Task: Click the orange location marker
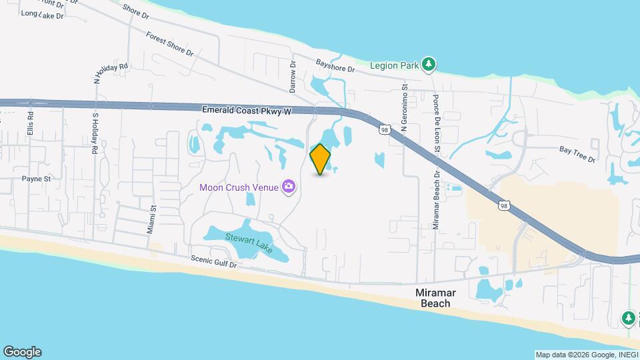click(320, 159)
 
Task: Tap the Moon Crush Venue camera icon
click(289, 187)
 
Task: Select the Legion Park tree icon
click(430, 65)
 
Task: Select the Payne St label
click(36, 179)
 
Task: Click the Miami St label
click(152, 219)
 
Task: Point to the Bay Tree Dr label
click(577, 154)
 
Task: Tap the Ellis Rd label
click(30, 125)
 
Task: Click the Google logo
click(22, 351)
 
